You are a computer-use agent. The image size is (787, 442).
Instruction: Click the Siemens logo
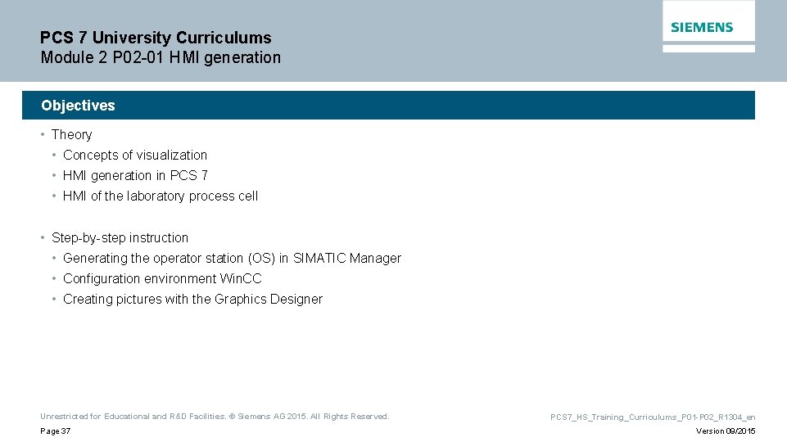point(702,27)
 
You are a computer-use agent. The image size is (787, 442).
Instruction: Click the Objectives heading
point(78,106)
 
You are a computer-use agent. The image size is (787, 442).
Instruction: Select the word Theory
point(71,135)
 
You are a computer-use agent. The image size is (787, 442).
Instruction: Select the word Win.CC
point(241,279)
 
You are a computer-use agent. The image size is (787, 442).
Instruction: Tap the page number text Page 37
point(55,431)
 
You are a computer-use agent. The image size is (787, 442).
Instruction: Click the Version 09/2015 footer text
point(726,431)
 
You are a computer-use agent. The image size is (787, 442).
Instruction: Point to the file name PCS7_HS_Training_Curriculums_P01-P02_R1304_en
point(653,417)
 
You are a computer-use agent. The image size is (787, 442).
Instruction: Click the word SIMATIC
point(319,259)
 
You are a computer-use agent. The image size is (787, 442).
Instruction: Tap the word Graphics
point(241,300)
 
